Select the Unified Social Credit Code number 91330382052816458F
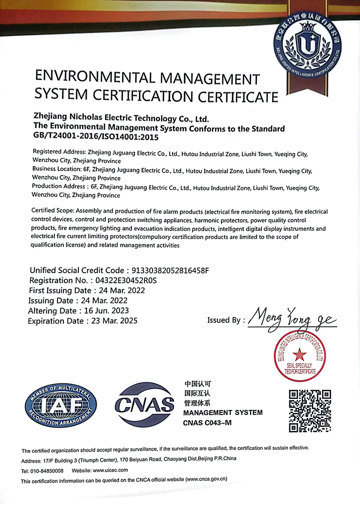[170, 271]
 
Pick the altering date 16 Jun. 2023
[107, 311]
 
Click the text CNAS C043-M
[207, 423]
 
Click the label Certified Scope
[53, 211]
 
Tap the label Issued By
[224, 320]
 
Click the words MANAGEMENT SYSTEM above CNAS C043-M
[222, 412]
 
